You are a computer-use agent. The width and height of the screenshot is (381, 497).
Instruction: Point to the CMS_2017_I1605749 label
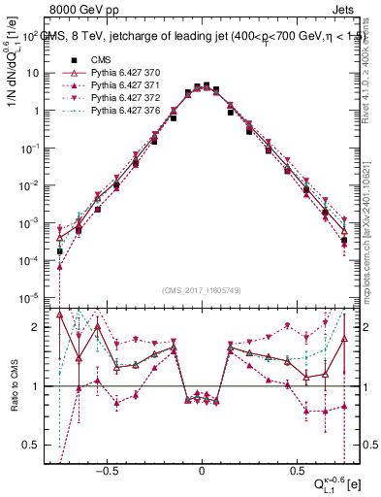202,290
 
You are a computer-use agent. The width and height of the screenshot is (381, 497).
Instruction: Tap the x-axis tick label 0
202,465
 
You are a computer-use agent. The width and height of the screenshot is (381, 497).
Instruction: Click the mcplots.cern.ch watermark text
370,233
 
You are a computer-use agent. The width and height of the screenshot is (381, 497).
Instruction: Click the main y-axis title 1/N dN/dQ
13,97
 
